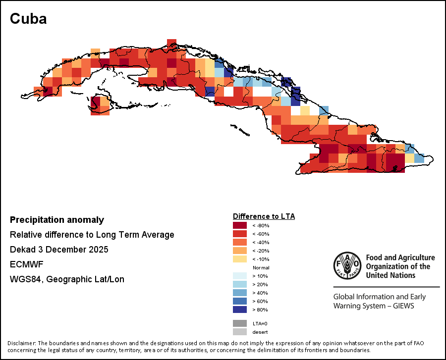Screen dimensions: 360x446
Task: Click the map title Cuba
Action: (x=28, y=19)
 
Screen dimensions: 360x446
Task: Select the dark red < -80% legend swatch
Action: (x=239, y=225)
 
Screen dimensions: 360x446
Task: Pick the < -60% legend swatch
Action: (x=239, y=234)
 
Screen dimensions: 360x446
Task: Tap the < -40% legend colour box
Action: (x=239, y=242)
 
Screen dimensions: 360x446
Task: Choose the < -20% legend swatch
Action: (x=239, y=251)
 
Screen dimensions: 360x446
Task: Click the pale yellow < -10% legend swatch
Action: (x=239, y=259)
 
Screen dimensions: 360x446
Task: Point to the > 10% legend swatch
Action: (x=239, y=276)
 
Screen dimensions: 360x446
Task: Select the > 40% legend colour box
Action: (x=239, y=293)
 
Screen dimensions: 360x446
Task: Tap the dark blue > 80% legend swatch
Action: (x=239, y=309)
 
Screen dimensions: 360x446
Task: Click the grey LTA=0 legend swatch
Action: (x=239, y=323)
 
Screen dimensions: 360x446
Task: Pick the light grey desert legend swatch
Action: (x=239, y=332)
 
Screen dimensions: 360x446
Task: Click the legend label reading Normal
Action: (x=261, y=267)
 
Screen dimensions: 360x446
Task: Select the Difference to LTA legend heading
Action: (x=264, y=216)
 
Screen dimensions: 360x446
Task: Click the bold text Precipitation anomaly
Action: (x=57, y=220)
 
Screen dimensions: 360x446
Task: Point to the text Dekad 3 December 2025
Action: (x=59, y=250)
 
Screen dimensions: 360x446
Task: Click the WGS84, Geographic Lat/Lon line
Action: (x=67, y=279)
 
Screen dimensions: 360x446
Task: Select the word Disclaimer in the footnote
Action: (x=21, y=343)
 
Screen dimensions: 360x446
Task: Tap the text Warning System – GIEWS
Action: (x=374, y=306)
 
